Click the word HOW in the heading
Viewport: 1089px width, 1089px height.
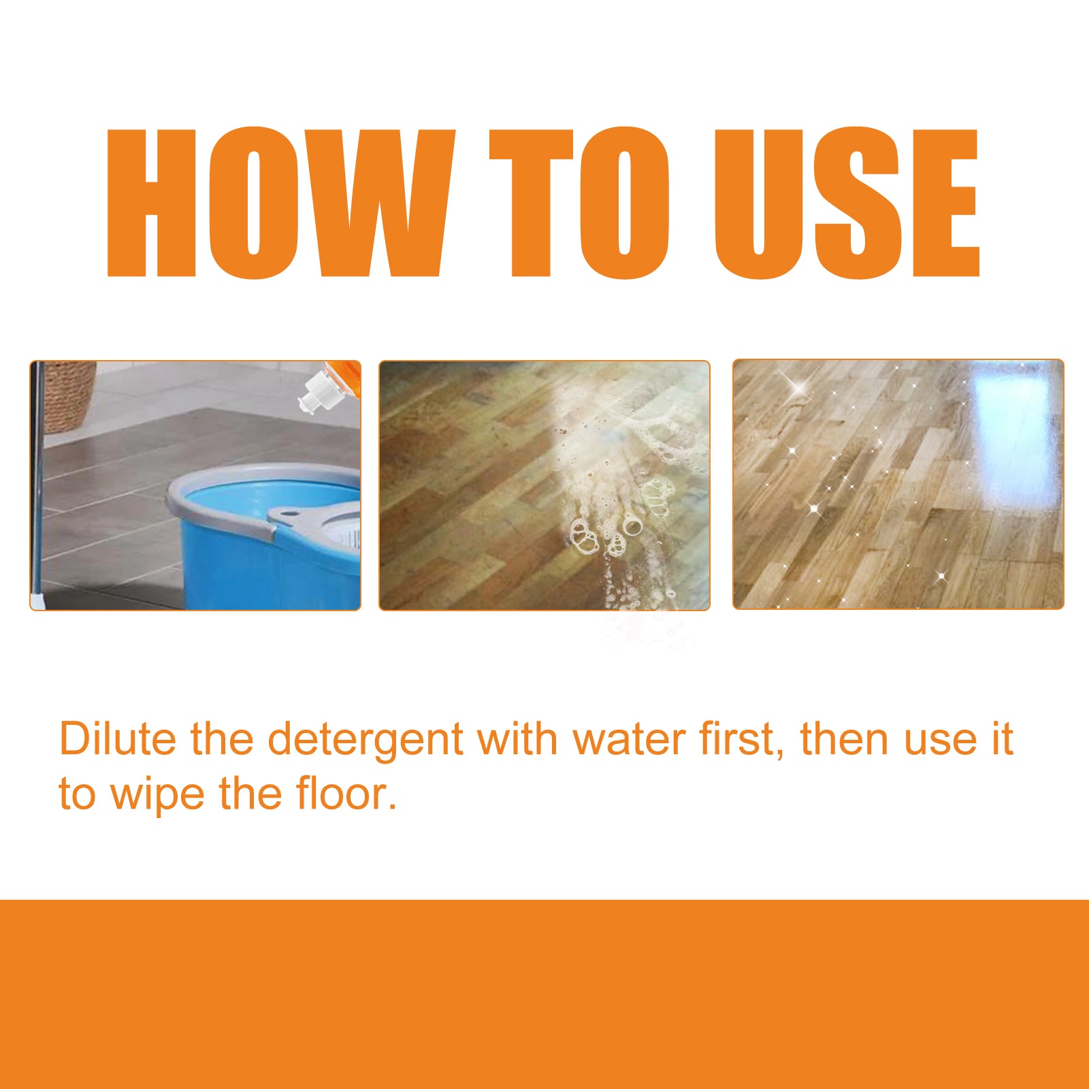pyautogui.click(x=279, y=203)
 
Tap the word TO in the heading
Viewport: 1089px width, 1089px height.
pyautogui.click(x=579, y=203)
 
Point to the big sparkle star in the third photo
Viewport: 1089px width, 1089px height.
pyautogui.click(x=800, y=388)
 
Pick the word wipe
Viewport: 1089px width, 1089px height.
pyautogui.click(x=157, y=795)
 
